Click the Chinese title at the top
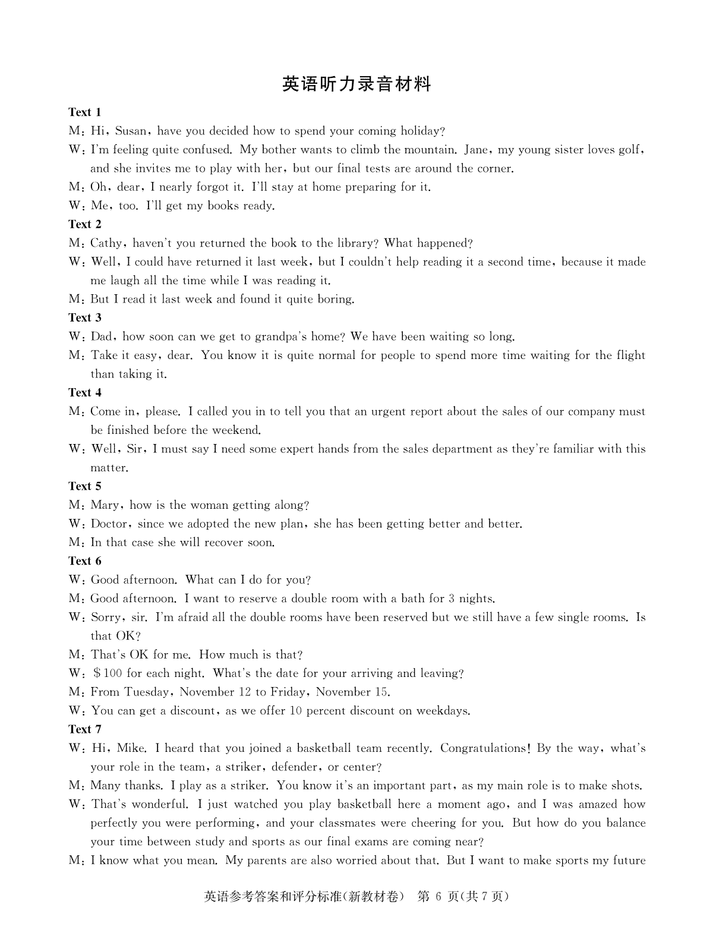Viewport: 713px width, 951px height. (x=356, y=84)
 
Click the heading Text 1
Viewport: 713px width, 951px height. (x=85, y=112)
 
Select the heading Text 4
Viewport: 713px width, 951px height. (x=85, y=392)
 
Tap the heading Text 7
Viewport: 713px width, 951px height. (x=85, y=729)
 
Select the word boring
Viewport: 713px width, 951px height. (x=336, y=299)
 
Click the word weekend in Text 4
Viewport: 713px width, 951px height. (x=236, y=430)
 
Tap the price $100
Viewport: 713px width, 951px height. (x=108, y=673)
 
